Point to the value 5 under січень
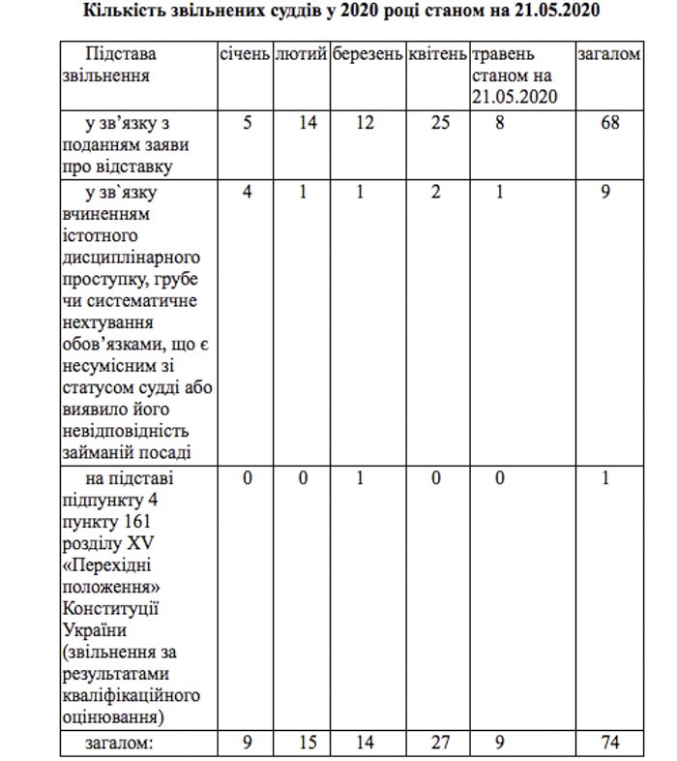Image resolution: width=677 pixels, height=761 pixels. [248, 124]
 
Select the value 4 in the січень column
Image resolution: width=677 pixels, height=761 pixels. [248, 192]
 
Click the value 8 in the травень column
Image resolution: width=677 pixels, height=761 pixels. [499, 124]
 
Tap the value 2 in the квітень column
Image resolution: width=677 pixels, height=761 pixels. [437, 192]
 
